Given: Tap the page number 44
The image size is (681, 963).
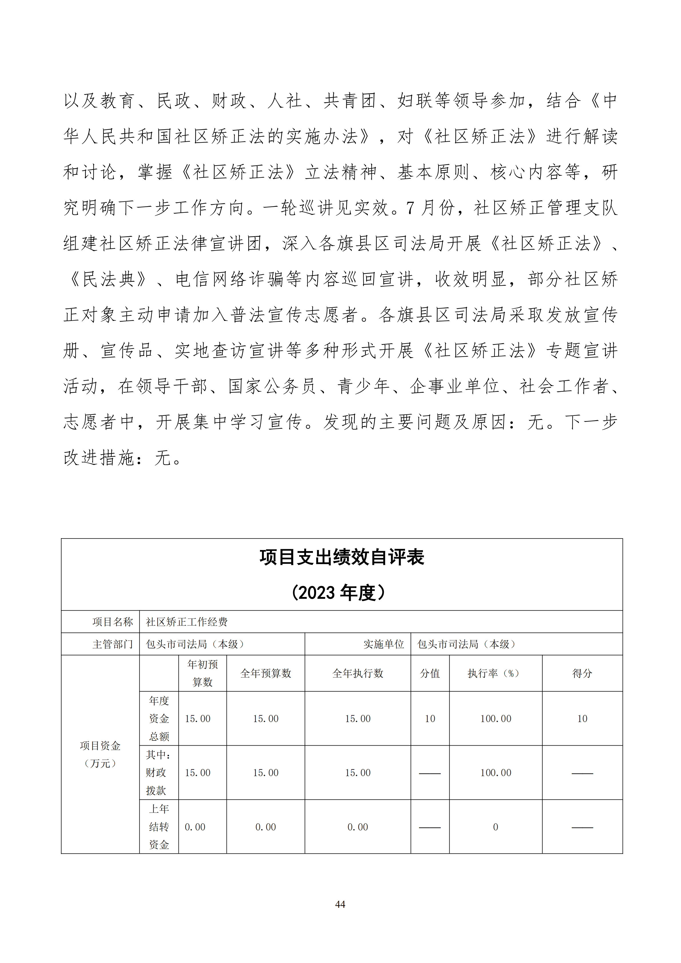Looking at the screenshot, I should coord(340,904).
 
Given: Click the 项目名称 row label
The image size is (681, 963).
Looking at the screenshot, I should coord(112,622).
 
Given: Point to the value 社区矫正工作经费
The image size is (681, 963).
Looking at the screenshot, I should coord(186,622).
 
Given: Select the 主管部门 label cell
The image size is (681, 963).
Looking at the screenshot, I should coord(112,644).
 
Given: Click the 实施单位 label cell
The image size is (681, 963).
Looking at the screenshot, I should coord(383,644).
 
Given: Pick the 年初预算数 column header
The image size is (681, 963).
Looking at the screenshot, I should coord(202,673).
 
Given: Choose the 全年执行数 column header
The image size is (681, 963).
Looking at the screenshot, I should coord(358,674).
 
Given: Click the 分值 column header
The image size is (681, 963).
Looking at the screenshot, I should coord(430,674).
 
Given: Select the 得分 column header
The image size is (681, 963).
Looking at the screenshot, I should coord(582,674).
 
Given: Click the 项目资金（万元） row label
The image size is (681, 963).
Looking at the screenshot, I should coord(100,754).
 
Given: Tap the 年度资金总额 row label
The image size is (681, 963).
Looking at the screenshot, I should coord(159,718).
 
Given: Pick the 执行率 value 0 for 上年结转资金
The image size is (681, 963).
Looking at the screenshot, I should coord(495,827).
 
